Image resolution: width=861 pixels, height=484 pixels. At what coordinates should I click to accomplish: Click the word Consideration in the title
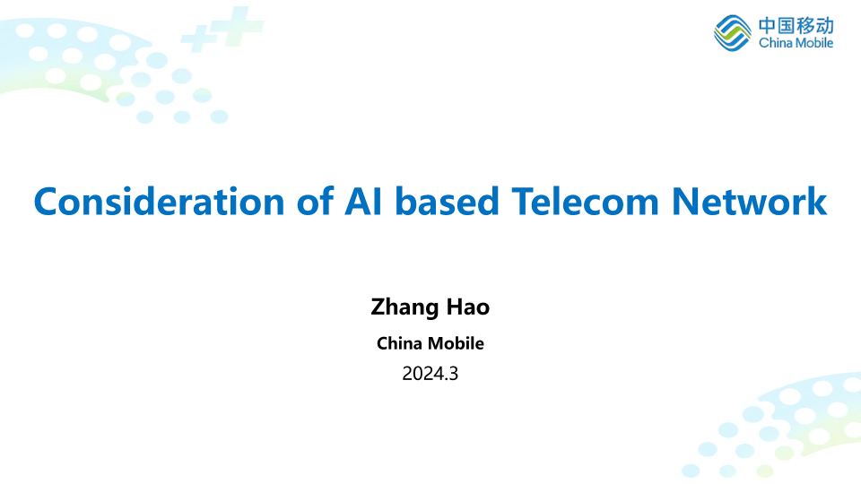(x=160, y=202)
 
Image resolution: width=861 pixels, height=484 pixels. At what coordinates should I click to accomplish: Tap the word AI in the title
(x=363, y=202)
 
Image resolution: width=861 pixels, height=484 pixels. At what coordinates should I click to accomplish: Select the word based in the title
(x=447, y=202)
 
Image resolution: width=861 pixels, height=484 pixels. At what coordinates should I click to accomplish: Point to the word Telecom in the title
(x=585, y=202)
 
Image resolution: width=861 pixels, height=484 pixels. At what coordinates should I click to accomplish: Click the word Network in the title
(x=749, y=202)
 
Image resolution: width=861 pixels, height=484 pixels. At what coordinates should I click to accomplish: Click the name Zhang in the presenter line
(x=404, y=307)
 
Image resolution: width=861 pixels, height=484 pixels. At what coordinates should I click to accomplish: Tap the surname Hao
(x=468, y=307)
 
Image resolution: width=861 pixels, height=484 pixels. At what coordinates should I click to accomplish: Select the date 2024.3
(x=430, y=374)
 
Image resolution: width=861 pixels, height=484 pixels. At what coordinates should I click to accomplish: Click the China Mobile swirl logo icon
(x=732, y=33)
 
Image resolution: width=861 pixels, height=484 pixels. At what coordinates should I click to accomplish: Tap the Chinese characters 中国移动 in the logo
(x=796, y=26)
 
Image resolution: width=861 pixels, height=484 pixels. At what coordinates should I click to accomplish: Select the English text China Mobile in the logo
(x=796, y=43)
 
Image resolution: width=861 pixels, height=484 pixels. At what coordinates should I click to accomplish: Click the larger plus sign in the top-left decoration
(x=237, y=25)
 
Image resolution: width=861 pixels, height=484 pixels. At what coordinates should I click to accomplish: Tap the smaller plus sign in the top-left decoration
(x=198, y=38)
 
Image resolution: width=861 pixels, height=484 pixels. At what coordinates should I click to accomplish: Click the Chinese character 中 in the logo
(x=767, y=26)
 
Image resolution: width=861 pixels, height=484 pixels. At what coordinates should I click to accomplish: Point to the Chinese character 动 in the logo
(x=825, y=26)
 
